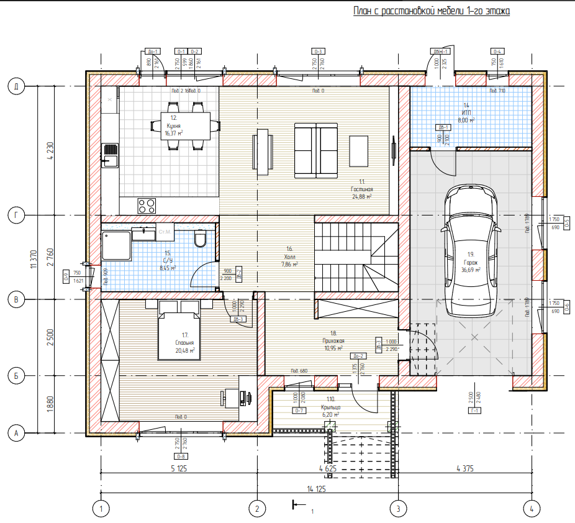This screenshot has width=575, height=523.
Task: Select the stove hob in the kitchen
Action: click(147, 205)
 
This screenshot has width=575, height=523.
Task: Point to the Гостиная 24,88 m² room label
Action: click(361, 192)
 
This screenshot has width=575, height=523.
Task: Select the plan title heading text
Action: click(431, 11)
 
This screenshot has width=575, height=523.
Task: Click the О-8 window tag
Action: click(181, 457)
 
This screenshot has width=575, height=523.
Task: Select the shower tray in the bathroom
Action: click(116, 246)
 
